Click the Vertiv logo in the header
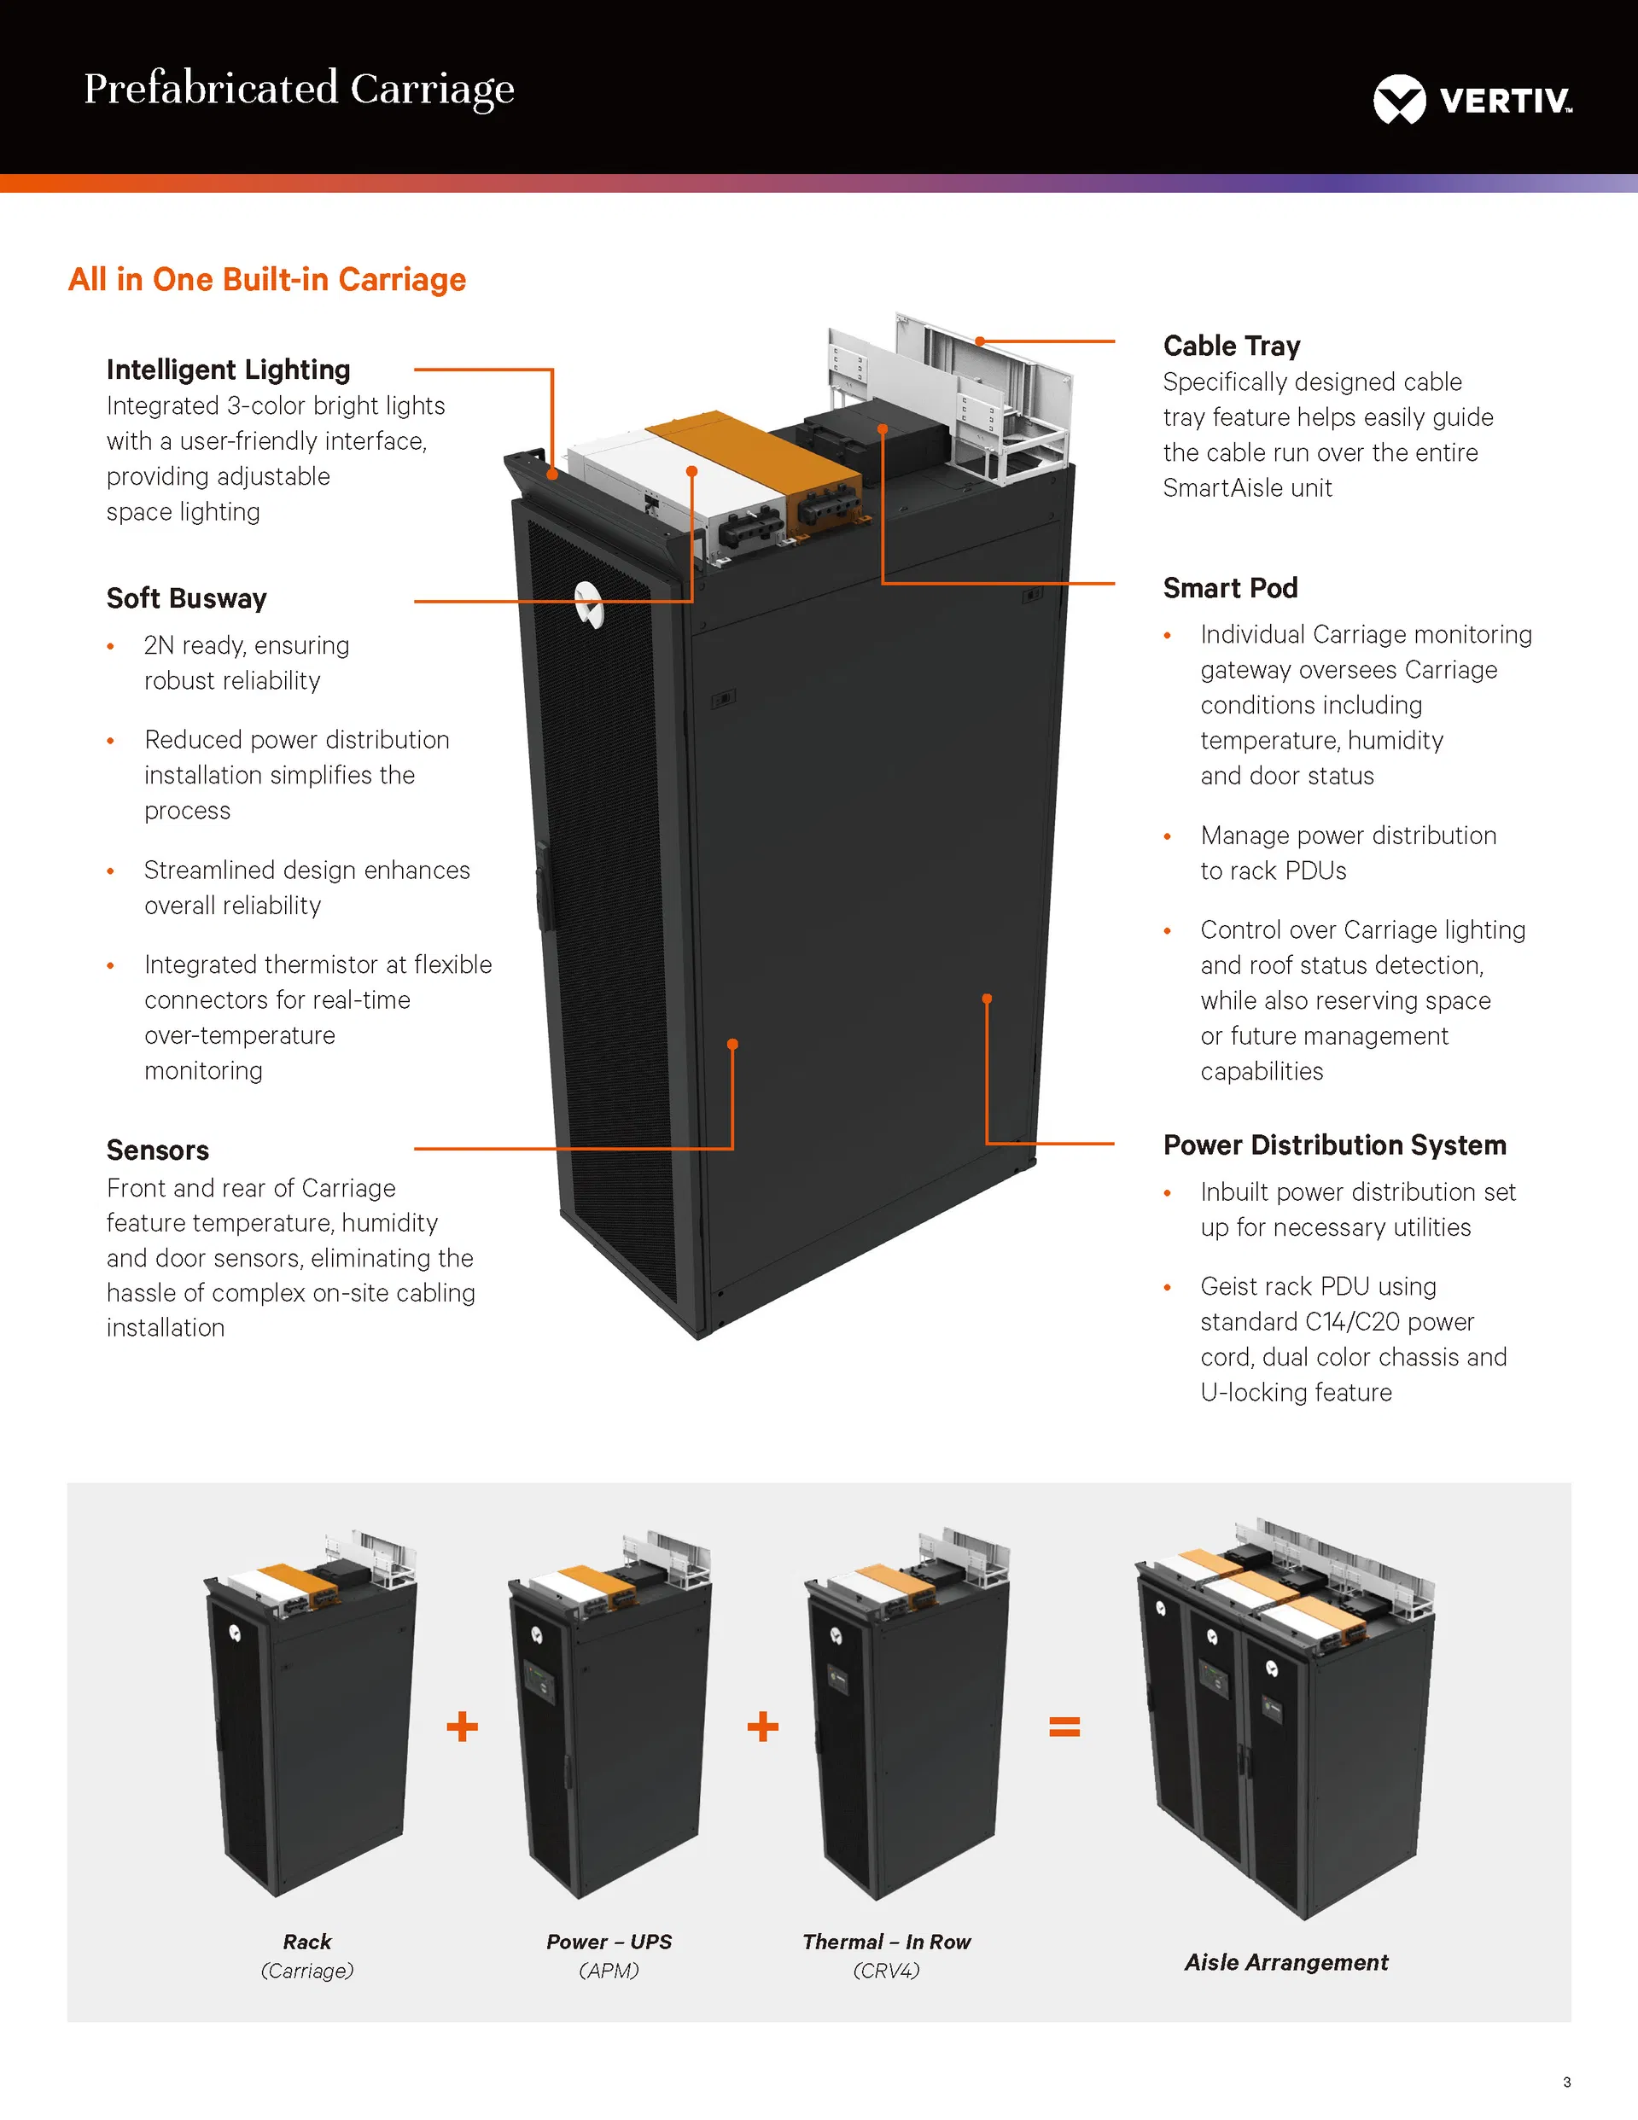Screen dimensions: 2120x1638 [x=1472, y=99]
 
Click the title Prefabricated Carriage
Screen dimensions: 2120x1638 [x=299, y=89]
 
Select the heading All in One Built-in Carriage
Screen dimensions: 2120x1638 [x=267, y=280]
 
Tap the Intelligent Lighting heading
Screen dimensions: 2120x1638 [x=228, y=370]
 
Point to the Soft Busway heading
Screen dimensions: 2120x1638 [x=186, y=598]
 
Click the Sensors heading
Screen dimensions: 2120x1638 [x=157, y=1150]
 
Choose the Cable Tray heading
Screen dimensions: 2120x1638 [x=1231, y=346]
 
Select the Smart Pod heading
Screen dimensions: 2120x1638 [x=1230, y=587]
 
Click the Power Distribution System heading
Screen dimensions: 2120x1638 [x=1334, y=1145]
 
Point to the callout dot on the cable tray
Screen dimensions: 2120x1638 [x=981, y=341]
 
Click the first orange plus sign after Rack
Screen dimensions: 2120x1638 [x=462, y=1726]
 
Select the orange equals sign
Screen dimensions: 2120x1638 [x=1064, y=1726]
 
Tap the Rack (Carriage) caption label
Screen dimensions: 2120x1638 [x=306, y=1955]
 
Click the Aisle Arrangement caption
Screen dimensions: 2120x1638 [x=1285, y=1962]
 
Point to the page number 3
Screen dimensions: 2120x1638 [x=1566, y=2082]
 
